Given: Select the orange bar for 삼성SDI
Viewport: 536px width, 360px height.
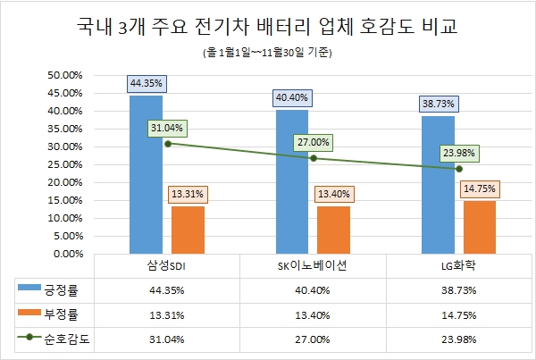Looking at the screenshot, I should click(187, 230).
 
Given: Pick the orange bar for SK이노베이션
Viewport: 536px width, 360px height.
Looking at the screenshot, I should click(333, 230).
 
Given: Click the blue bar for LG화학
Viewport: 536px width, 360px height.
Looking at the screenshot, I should click(438, 184).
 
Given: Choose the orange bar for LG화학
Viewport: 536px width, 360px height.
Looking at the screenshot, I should click(479, 227).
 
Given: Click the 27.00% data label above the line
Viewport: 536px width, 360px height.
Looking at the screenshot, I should click(314, 142).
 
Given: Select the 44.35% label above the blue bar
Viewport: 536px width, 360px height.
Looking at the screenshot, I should click(147, 83).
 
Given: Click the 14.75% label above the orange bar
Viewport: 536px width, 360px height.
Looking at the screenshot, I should click(480, 188).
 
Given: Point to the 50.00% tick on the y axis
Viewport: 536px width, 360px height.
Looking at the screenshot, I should click(63, 76).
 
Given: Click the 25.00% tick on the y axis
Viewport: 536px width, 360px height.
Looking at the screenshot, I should click(63, 164).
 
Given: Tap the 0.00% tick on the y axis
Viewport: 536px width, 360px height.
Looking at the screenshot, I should click(66, 254).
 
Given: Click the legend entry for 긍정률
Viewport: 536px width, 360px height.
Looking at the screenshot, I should click(54, 289).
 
